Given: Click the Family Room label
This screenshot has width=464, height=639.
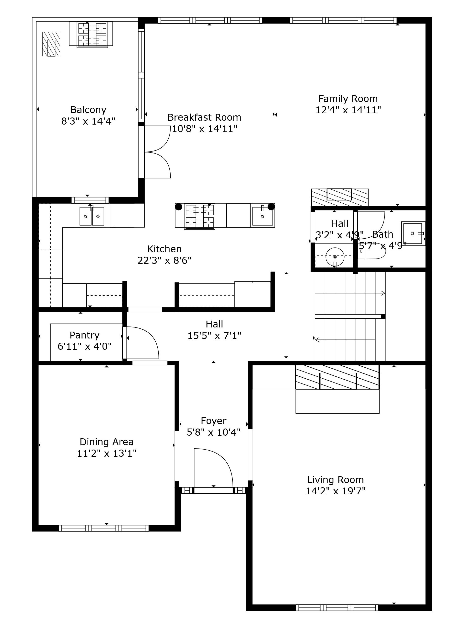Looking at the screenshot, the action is pos(348,99).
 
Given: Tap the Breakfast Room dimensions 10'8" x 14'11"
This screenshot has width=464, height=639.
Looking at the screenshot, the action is pos(205,129).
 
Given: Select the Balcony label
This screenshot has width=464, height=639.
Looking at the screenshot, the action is pos(88,110).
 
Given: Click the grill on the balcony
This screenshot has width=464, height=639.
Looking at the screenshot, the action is pos(93,34).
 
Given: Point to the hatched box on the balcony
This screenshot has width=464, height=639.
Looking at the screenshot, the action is pos(51,44).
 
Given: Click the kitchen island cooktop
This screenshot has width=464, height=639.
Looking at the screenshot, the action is pos(199,216).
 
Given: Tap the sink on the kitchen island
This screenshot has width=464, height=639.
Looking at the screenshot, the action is pos(263,216).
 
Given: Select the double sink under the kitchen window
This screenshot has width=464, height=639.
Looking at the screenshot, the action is pos(92,216).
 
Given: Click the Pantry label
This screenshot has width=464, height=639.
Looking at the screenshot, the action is pos(84,335).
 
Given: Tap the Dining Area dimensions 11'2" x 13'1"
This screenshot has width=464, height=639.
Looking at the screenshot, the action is pos(107,453).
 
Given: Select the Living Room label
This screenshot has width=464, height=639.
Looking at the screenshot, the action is pos(336,480).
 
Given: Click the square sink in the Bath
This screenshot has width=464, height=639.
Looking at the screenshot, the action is pos(413,233).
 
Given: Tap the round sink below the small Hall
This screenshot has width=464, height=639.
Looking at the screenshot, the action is pos(335,257).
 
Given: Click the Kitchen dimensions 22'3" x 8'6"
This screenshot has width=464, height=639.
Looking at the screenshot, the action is pos(164,261).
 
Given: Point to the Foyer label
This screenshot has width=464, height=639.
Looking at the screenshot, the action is pos(214,421).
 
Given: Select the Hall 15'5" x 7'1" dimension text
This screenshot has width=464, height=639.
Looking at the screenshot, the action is pos(214,336).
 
